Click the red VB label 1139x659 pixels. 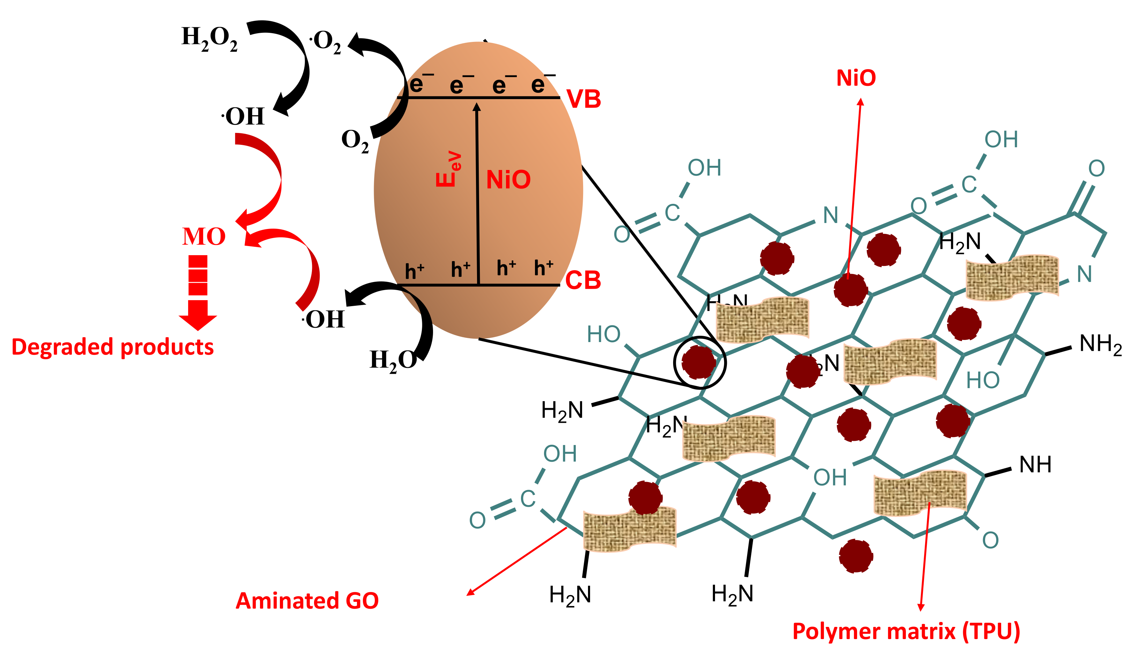583,99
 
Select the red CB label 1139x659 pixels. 583,280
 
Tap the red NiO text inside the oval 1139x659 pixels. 508,180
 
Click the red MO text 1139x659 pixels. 204,236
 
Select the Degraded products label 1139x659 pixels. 113,347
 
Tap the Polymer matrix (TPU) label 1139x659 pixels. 906,631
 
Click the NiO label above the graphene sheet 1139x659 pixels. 856,78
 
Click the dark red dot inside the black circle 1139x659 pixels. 698,362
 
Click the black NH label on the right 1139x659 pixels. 1035,465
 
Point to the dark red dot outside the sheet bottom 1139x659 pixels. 856,556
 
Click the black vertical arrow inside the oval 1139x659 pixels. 477,194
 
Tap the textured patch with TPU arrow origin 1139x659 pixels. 920,494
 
